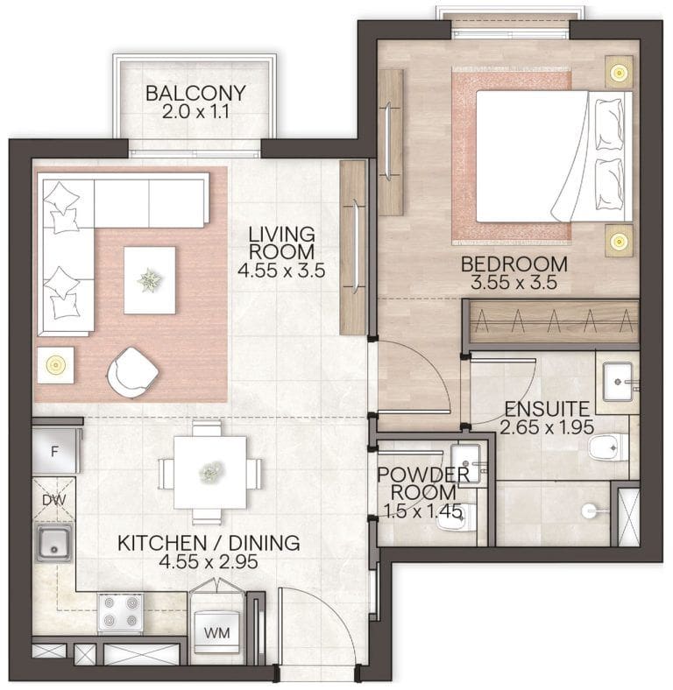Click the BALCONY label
[x=195, y=94]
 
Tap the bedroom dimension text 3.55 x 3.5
[x=514, y=282]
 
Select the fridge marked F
[x=55, y=450]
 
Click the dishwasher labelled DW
[x=54, y=499]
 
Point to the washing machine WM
[x=217, y=632]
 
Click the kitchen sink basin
[x=53, y=543]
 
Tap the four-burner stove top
[x=120, y=614]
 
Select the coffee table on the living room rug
[x=150, y=280]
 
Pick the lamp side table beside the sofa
[x=55, y=365]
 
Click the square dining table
[x=210, y=472]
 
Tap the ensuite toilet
[x=609, y=447]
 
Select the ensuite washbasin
[x=618, y=382]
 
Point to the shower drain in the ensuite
[x=588, y=510]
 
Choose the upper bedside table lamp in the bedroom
[x=619, y=71]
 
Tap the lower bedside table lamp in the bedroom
[x=619, y=241]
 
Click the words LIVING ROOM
[x=282, y=243]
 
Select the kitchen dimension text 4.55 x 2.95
[x=209, y=562]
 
